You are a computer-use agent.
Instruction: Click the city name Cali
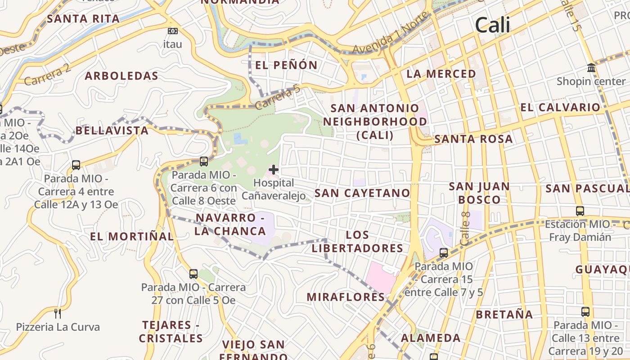click(x=493, y=25)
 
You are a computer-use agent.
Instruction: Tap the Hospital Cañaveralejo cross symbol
click(x=273, y=170)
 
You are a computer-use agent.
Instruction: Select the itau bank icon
click(x=172, y=31)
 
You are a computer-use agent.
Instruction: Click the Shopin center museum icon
click(x=591, y=68)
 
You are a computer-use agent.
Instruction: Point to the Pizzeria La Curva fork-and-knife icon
click(x=58, y=313)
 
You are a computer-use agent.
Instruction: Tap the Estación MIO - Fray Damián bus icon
click(x=580, y=211)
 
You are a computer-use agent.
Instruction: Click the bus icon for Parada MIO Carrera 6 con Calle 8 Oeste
click(x=204, y=161)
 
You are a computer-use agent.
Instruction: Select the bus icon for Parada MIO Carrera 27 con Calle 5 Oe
click(x=193, y=274)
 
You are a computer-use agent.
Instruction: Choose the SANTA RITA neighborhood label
click(x=83, y=19)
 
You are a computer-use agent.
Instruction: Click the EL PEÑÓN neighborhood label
click(x=286, y=65)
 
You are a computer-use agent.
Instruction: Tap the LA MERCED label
click(x=441, y=74)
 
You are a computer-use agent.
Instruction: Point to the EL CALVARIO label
click(x=560, y=108)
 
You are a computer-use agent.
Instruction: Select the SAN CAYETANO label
click(x=362, y=193)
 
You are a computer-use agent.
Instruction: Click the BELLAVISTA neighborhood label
click(x=112, y=131)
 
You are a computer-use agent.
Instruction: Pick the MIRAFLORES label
click(x=346, y=297)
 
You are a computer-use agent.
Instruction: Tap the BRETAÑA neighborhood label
click(x=504, y=315)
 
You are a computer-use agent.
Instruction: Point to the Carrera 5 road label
click(x=277, y=98)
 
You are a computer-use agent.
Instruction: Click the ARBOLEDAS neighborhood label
click(x=121, y=76)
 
